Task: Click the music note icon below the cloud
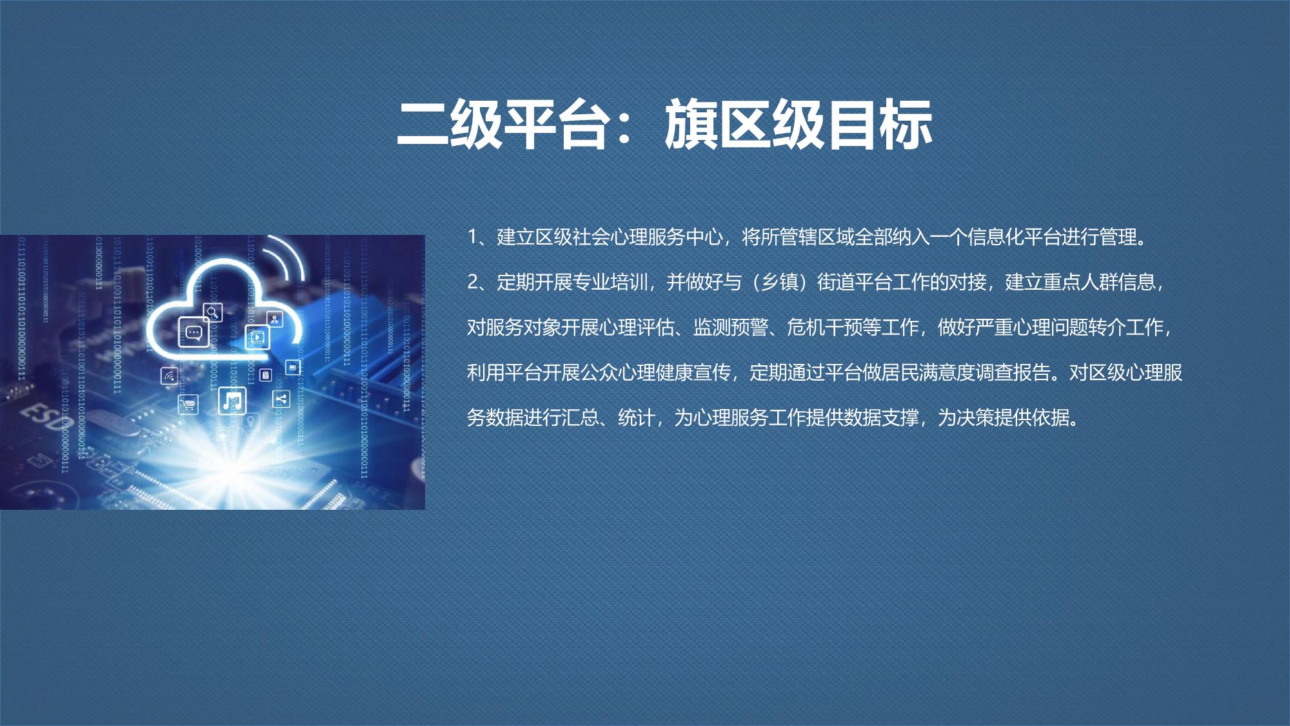pos(232,401)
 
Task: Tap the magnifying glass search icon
pos(212,312)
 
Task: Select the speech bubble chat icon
pos(193,333)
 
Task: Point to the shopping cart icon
pos(188,405)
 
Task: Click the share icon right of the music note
pos(281,399)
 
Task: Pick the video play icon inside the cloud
pos(257,336)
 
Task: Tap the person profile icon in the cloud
pos(275,318)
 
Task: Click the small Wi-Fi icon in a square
pos(169,376)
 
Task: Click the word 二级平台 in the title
pos(502,125)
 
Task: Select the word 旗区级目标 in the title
pos(799,125)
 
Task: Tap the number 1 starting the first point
pos(472,237)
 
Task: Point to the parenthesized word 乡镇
pos(780,283)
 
